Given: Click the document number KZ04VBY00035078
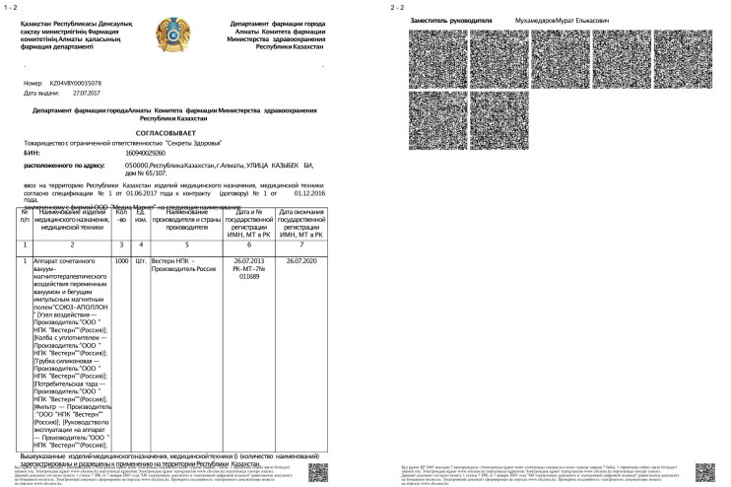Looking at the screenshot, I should tap(75, 83).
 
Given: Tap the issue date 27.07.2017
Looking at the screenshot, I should tap(87, 94).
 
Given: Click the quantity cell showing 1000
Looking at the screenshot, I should tap(122, 260).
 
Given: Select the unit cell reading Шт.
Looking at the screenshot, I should tap(141, 260).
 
